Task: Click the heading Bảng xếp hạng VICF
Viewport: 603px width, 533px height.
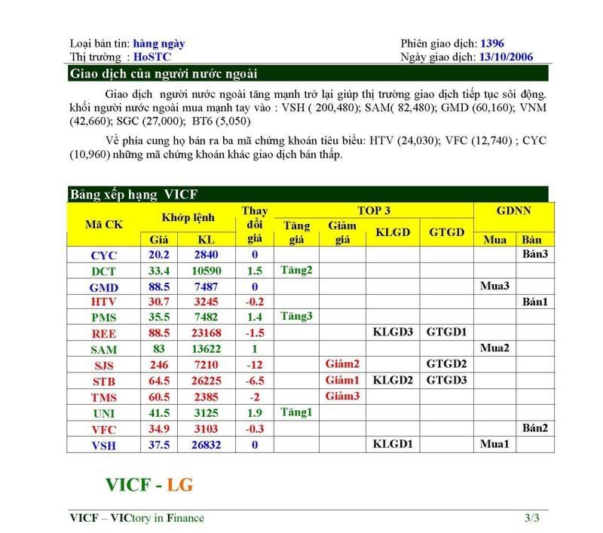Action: click(133, 195)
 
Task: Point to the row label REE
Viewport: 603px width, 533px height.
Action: click(103, 333)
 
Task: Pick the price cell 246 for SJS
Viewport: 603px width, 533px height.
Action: click(160, 365)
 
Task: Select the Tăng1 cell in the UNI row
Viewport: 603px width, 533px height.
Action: click(295, 412)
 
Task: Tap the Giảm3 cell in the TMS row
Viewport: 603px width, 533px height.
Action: click(342, 397)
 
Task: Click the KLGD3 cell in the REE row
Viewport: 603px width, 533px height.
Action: click(393, 333)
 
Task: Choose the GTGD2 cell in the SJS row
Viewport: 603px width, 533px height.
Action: click(446, 365)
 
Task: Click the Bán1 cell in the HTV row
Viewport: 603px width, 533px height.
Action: click(534, 302)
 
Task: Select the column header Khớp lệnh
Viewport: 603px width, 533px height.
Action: click(188, 218)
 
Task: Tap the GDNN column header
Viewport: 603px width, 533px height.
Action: click(513, 210)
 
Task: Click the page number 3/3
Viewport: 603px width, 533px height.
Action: click(532, 519)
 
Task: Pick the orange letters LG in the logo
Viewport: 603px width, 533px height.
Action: click(180, 485)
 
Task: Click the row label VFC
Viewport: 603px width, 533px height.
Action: click(103, 428)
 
